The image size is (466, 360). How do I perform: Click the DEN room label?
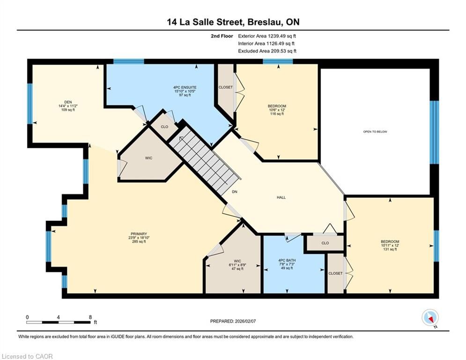point(68,102)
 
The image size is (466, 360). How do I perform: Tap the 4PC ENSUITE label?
point(185,88)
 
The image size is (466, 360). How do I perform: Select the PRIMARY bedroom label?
point(139,234)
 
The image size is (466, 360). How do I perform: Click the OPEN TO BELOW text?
point(375,132)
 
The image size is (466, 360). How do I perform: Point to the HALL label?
point(281,197)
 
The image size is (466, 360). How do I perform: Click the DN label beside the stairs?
point(235,192)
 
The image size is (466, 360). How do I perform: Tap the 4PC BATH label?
point(287,260)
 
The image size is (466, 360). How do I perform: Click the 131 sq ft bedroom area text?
point(390,249)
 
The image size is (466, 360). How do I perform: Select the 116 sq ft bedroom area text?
point(277,113)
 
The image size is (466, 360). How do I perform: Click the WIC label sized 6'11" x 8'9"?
point(237,261)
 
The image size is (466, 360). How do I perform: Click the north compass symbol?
point(430,318)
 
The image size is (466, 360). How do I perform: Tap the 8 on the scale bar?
point(90,317)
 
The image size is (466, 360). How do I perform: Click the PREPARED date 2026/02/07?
point(245,321)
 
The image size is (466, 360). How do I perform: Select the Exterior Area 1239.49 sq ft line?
point(267,36)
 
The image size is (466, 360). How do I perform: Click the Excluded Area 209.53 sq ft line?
point(267,51)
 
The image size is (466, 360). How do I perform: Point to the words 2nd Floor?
point(222,36)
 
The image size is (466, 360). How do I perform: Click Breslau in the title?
point(265,22)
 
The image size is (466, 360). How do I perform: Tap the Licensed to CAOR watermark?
point(27,356)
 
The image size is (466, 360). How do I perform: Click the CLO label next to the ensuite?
point(164,127)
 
